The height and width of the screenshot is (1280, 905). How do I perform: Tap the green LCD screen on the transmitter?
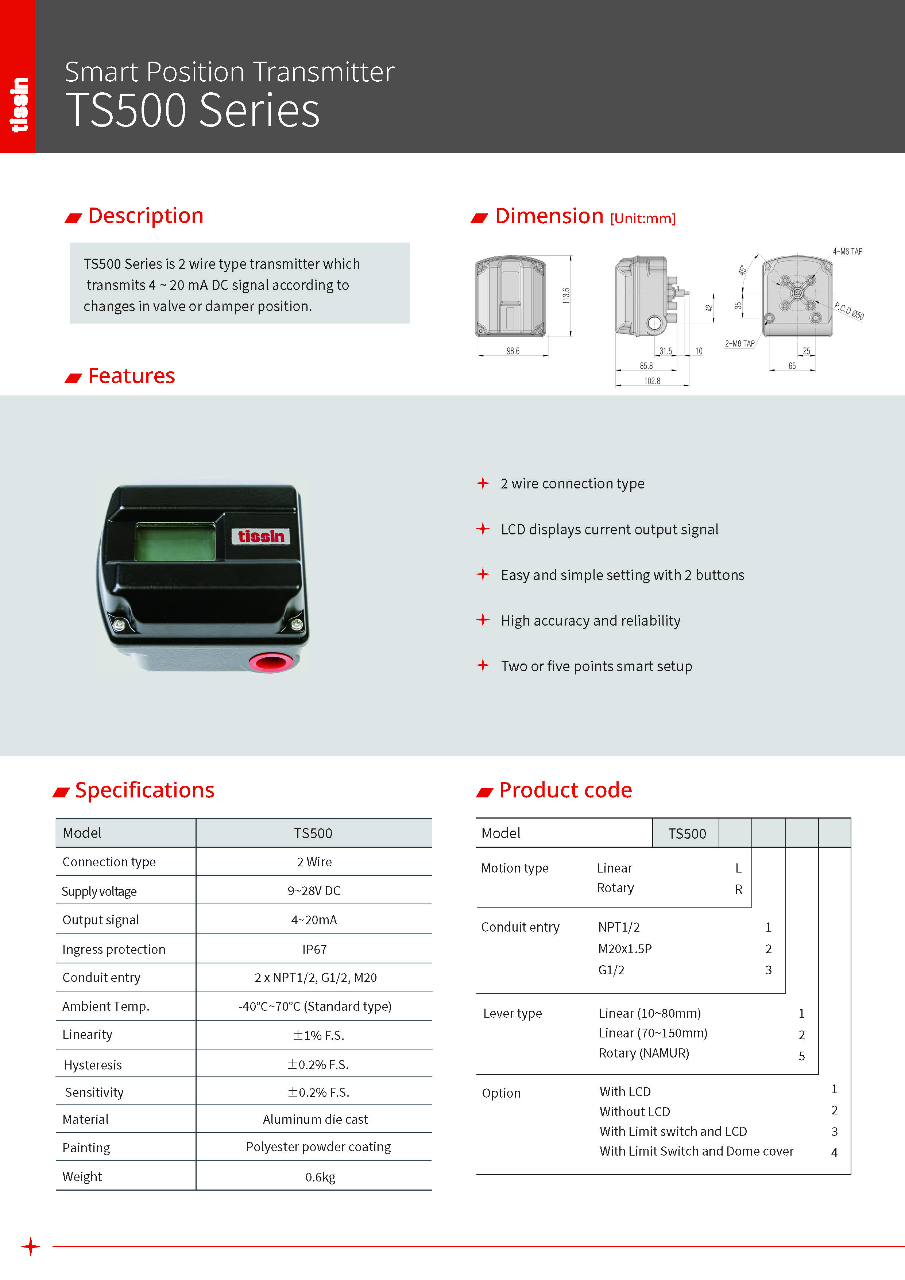point(175,541)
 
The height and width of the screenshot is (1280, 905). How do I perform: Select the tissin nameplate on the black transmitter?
point(261,536)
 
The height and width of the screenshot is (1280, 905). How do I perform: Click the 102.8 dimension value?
point(652,381)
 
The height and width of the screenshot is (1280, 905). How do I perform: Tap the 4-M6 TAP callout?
point(848,251)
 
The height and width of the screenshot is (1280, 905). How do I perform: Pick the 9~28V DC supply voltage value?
point(314,891)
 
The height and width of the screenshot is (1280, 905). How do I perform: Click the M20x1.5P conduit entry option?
point(624,949)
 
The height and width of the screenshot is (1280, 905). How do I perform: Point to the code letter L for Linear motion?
point(738,869)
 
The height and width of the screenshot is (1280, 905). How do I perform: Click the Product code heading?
point(565,790)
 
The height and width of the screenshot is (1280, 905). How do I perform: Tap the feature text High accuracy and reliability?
point(591,620)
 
